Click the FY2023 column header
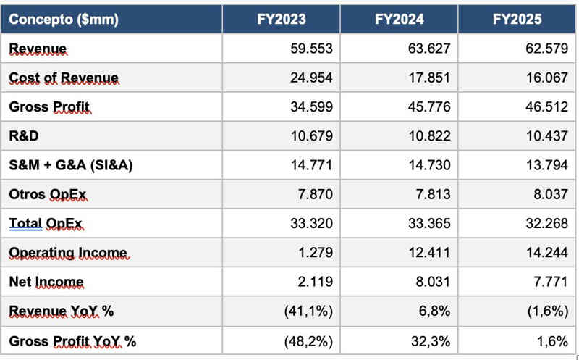(x=281, y=20)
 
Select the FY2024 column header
(x=399, y=20)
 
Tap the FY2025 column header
(x=517, y=20)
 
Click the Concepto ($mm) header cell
(x=64, y=20)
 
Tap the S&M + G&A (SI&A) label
(x=71, y=165)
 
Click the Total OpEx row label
(x=46, y=224)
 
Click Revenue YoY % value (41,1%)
(x=307, y=311)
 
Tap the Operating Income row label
(x=68, y=253)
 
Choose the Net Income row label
(x=46, y=282)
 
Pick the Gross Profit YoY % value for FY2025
(x=552, y=340)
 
